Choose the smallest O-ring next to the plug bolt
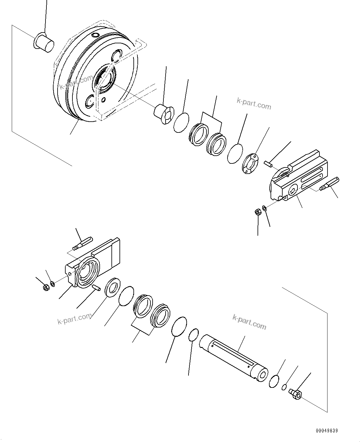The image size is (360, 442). pos(284,387)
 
